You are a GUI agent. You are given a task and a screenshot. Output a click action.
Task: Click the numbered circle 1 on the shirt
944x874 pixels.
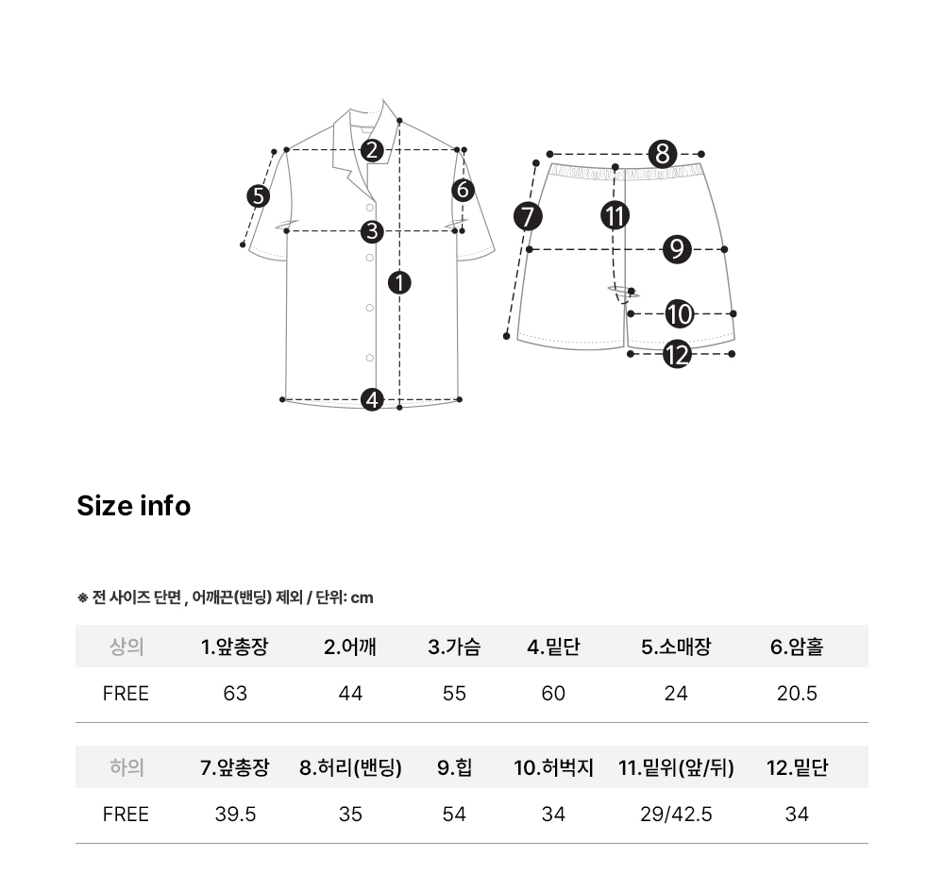tap(399, 282)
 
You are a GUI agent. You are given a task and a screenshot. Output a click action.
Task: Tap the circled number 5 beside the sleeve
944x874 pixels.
tap(259, 196)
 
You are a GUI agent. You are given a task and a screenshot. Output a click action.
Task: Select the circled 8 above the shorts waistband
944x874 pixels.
tap(663, 154)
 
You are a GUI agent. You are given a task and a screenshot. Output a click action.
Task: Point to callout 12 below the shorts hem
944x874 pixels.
tap(677, 354)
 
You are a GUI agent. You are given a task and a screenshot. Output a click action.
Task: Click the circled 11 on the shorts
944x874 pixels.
tap(615, 215)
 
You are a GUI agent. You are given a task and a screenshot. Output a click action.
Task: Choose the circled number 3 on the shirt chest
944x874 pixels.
tap(372, 231)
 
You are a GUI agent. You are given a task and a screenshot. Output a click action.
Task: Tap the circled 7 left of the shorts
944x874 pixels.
tap(528, 217)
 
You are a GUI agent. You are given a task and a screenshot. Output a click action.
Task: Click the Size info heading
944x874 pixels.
tap(134, 506)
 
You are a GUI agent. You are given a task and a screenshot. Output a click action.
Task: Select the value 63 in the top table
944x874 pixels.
tap(235, 694)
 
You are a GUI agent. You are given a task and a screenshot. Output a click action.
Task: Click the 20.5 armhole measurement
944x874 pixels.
tap(797, 694)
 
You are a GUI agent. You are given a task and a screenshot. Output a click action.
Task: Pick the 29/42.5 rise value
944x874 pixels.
tap(676, 815)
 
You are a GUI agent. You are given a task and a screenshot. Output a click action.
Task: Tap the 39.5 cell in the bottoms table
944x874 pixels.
tap(235, 815)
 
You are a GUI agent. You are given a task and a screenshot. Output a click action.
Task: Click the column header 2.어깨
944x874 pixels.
tap(350, 647)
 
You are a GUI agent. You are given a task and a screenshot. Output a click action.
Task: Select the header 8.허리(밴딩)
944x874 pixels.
tap(350, 767)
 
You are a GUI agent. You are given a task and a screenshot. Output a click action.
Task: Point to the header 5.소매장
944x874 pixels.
tap(676, 647)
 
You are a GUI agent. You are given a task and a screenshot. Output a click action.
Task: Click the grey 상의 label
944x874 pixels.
tap(126, 647)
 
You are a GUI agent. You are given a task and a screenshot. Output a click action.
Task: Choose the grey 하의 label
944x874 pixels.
tap(126, 767)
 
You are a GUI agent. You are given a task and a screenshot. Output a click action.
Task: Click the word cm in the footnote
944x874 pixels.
tap(362, 597)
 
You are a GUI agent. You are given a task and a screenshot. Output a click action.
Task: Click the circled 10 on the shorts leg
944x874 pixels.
tap(679, 313)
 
